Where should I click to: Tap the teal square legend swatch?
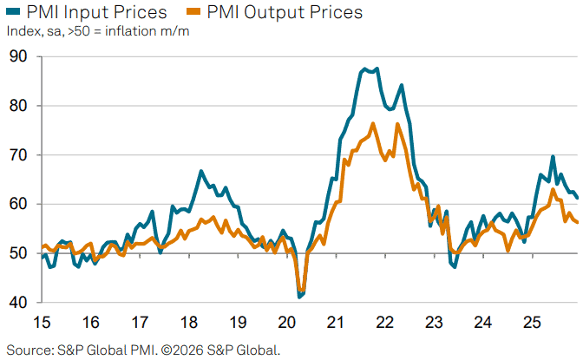click(11, 12)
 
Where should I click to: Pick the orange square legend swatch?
click(194, 12)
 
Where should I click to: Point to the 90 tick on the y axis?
click(18, 57)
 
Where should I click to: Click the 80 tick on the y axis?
click(18, 106)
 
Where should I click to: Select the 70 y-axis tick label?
click(18, 155)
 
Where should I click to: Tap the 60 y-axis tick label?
click(18, 205)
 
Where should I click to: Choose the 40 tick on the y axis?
click(18, 303)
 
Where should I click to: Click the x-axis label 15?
click(41, 323)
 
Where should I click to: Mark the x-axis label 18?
click(189, 323)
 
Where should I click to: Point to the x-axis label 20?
click(287, 323)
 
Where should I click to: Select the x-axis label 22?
click(385, 323)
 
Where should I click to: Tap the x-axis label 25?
click(533, 323)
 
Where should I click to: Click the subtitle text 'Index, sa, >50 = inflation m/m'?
click(97, 32)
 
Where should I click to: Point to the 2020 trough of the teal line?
click(300, 297)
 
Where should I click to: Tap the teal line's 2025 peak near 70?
click(553, 157)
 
